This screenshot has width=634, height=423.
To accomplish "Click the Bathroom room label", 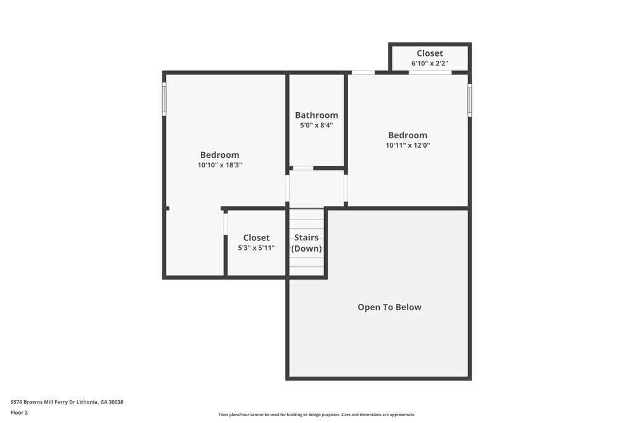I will tap(316, 115).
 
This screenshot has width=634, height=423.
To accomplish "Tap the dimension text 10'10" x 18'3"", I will tap(220, 165).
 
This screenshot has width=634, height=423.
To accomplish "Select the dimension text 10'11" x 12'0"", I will tap(408, 145).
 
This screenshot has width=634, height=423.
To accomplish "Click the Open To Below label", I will tap(389, 307).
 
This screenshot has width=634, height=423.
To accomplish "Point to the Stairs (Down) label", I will tap(306, 243).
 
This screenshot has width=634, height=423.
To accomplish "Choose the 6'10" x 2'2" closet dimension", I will tap(430, 63).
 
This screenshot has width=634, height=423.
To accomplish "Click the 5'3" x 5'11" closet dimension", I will tap(256, 248).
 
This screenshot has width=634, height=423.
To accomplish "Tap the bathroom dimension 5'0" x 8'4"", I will tap(316, 126).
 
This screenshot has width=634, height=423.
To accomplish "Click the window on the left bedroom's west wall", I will tap(164, 99).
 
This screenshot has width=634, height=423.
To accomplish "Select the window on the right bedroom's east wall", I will tap(470, 100).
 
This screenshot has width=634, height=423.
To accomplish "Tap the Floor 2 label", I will tap(19, 412).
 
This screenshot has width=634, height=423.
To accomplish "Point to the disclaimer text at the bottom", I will tap(317, 415).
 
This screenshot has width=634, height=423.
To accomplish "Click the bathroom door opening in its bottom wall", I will tap(302, 168).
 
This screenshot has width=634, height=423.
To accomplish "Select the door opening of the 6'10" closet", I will tap(430, 72).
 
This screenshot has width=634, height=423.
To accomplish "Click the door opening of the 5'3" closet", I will tap(226, 224).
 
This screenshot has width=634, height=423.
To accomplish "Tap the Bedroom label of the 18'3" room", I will tap(220, 155).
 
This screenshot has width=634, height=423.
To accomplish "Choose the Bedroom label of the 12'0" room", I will tap(408, 135).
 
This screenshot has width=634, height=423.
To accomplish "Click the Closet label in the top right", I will tap(430, 53).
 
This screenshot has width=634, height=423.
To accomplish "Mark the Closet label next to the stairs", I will tap(256, 238).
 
